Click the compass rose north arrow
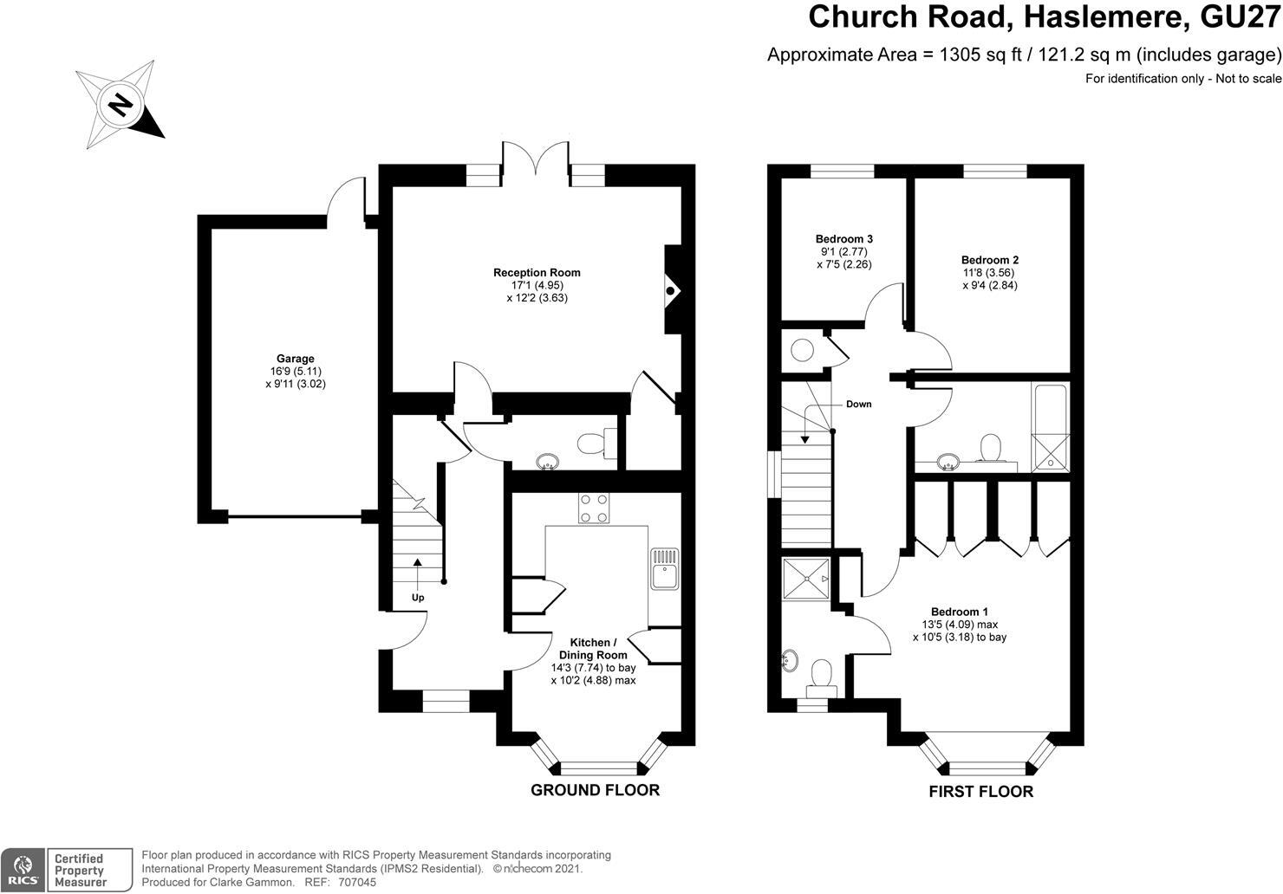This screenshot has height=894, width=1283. click(120, 105)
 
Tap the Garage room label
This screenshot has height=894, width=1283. click(295, 359)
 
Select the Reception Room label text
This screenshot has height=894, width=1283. click(537, 273)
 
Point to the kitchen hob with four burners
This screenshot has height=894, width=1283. click(594, 508)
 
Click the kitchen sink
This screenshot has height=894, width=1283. click(665, 569)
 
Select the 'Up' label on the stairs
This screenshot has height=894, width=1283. click(418, 598)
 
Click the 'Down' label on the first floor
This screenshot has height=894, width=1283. click(858, 405)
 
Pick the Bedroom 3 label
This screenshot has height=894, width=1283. click(843, 239)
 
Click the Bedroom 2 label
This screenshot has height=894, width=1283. click(989, 260)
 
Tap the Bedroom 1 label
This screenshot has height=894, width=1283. click(959, 611)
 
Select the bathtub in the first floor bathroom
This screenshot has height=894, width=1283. click(1051, 426)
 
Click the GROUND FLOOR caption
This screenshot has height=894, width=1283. click(595, 790)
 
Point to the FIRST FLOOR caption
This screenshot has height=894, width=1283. click(980, 791)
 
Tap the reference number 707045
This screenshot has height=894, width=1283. click(358, 882)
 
